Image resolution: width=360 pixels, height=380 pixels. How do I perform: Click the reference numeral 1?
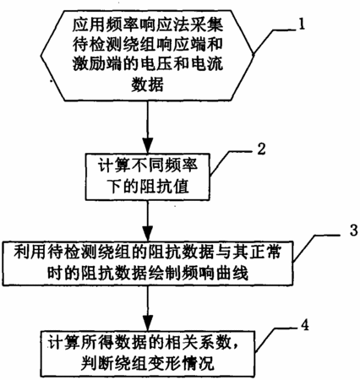[302, 24]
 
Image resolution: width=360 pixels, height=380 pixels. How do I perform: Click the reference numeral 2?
[262, 149]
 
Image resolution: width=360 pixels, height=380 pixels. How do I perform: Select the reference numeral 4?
[304, 325]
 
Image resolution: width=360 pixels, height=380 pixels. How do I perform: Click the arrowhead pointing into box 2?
[148, 145]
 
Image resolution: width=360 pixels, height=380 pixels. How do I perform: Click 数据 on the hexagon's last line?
[147, 84]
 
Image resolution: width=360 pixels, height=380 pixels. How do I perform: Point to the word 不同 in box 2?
[147, 166]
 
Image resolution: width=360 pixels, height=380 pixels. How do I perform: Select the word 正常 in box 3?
[265, 252]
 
